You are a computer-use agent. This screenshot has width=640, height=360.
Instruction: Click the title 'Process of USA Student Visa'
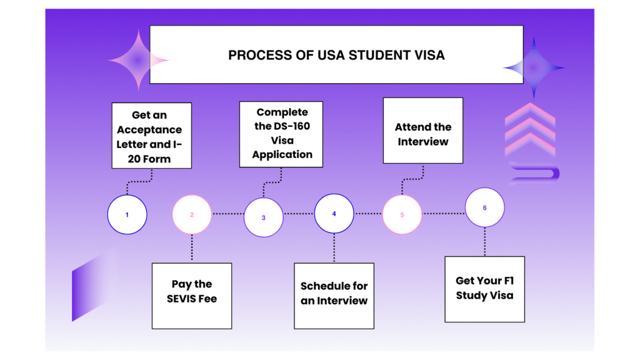(x=336, y=55)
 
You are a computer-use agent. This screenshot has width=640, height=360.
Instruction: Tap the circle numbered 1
(x=127, y=214)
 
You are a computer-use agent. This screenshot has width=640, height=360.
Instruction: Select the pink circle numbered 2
(x=192, y=214)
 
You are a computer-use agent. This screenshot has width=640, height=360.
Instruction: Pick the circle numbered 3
(x=263, y=217)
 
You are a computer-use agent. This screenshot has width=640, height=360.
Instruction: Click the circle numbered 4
(x=334, y=214)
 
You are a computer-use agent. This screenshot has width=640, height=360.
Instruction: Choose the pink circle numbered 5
(x=402, y=214)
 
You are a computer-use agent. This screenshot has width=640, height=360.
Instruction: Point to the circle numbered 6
(x=484, y=208)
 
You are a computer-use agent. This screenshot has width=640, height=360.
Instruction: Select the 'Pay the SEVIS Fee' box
(x=191, y=296)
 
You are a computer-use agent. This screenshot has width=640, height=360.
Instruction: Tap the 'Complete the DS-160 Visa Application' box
(x=281, y=134)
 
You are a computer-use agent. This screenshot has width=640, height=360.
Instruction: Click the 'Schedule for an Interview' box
(x=334, y=296)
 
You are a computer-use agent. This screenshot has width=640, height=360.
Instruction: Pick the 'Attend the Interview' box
(x=423, y=131)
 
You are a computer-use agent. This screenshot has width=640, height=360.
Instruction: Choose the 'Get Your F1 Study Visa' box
(x=484, y=289)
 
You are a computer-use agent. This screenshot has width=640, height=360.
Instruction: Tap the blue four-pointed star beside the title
(x=533, y=68)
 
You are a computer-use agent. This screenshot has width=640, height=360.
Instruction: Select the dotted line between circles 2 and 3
(x=227, y=214)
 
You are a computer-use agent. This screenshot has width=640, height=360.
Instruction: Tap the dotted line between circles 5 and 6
(x=444, y=214)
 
